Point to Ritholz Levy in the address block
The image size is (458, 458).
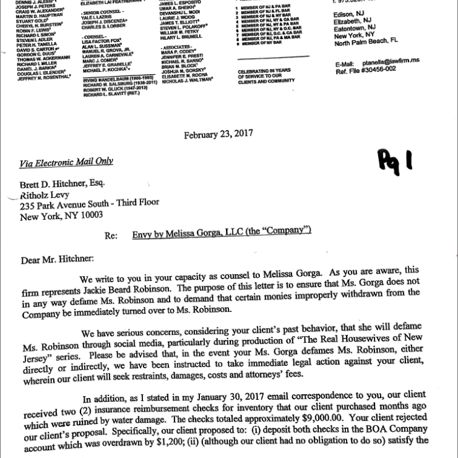(x=49, y=194)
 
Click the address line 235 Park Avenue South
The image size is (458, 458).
(x=89, y=204)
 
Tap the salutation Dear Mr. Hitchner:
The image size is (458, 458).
(x=58, y=259)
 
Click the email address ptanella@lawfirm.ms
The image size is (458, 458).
(x=399, y=63)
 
